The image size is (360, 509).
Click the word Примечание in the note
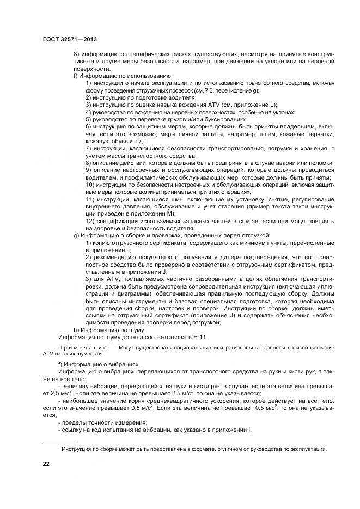[x=80, y=347]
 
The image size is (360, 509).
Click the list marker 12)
[x=91, y=222]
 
